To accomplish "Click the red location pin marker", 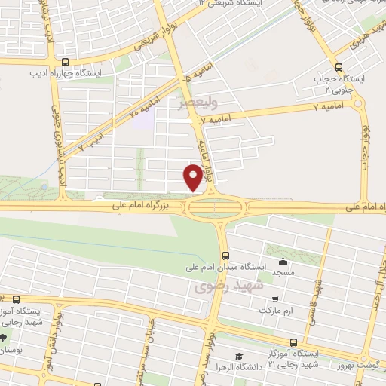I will pos(193,176).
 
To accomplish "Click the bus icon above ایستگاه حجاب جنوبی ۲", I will pos(339,65).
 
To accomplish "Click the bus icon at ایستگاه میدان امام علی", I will pos(225,256).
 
